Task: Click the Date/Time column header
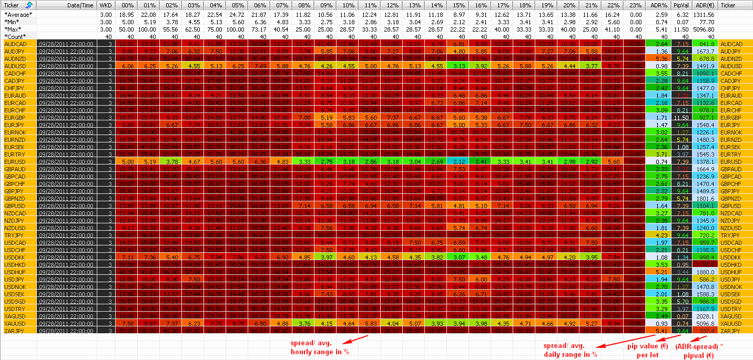point(80,5)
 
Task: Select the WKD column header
point(105,5)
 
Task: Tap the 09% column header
point(327,5)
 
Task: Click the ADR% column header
point(660,5)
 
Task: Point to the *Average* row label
point(18,14)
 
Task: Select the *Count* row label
point(15,36)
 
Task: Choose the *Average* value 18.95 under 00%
point(126,14)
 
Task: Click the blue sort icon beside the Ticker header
point(29,5)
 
